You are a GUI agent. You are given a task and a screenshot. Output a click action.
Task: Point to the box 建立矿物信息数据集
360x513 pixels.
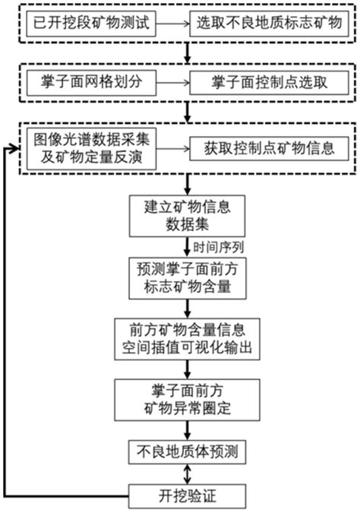(186, 215)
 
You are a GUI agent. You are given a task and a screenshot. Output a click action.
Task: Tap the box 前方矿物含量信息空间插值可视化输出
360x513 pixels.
(186, 337)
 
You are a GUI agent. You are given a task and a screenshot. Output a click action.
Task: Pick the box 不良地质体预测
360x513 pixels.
(186, 451)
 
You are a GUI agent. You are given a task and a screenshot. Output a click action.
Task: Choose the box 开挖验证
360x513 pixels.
(186, 496)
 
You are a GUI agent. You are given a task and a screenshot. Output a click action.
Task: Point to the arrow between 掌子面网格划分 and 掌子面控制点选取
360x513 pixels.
(173, 81)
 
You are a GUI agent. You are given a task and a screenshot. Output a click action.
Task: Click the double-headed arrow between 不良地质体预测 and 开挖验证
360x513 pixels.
(186, 473)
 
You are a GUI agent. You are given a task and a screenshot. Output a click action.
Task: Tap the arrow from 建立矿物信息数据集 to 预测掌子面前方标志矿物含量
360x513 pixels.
(186, 245)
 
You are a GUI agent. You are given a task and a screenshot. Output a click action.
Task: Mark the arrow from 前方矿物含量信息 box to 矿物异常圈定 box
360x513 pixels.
(186, 369)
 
